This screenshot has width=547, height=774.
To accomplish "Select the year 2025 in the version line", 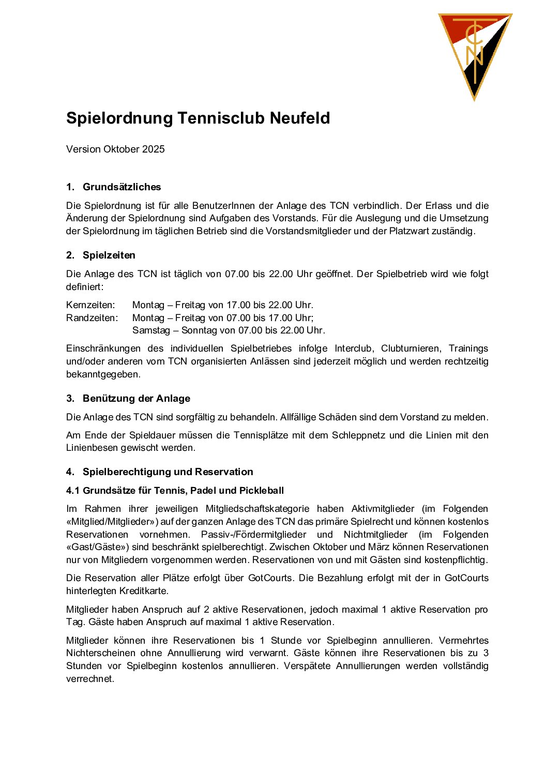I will pyautogui.click(x=154, y=149).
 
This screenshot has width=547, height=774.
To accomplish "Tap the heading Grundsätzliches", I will pyautogui.click(x=121, y=187).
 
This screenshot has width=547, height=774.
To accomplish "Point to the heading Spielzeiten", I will pyautogui.click(x=109, y=255).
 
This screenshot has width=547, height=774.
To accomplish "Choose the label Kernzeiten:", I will pyautogui.click(x=90, y=305).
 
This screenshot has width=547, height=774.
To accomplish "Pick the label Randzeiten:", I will pyautogui.click(x=92, y=318).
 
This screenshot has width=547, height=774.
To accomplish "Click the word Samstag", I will pyautogui.click(x=149, y=330).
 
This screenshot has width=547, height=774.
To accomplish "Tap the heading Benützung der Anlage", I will pyautogui.click(x=136, y=399).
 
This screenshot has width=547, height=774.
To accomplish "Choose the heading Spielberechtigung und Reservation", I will pyautogui.click(x=168, y=472).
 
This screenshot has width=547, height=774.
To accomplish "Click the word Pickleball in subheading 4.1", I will pyautogui.click(x=262, y=491).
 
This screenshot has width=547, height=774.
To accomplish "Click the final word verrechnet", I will pyautogui.click(x=89, y=679).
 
